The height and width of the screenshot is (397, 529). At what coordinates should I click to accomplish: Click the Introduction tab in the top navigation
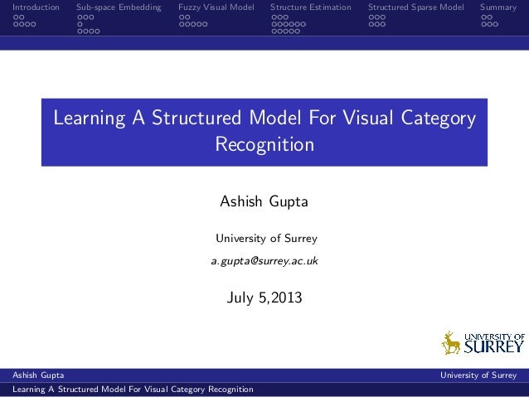coord(30,7)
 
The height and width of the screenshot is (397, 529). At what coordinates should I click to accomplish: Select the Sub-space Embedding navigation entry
coord(119,7)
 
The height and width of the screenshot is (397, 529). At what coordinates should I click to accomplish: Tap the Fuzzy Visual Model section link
coord(216,7)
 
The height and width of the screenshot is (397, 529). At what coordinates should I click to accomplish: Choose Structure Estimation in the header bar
coord(311,7)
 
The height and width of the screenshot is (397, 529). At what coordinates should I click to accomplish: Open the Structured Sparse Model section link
coord(416,7)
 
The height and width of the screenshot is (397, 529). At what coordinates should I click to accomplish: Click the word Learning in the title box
coord(88,119)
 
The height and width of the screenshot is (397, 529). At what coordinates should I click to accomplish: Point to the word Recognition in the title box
coord(264,145)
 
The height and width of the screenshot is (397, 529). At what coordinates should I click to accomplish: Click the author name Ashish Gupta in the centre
coord(264,202)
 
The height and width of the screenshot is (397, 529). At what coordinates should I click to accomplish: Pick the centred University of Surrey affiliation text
coord(266,239)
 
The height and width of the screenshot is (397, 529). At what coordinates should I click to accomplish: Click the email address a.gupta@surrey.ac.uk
coord(264,261)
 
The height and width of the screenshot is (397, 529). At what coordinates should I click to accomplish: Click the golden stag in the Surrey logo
coord(451,342)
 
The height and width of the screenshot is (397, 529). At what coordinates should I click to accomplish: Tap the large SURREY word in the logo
coord(494,347)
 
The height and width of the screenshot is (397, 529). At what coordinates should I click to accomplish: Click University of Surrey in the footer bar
coord(478,375)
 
